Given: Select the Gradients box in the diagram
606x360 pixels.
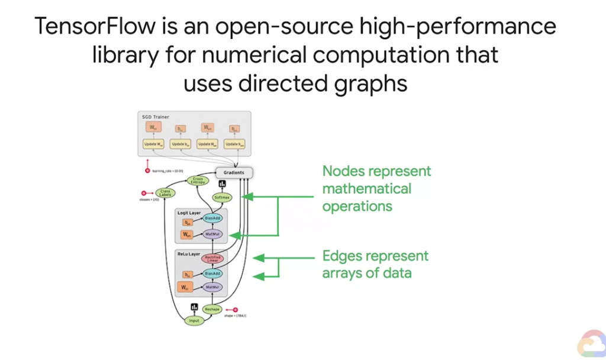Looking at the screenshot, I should pyautogui.click(x=234, y=173).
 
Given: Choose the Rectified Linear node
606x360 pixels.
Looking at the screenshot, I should pyautogui.click(x=211, y=259).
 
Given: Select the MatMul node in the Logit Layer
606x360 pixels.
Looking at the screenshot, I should pyautogui.click(x=211, y=234).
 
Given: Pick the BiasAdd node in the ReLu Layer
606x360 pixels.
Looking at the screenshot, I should pyautogui.click(x=211, y=274).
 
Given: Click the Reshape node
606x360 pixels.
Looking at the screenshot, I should pyautogui.click(x=211, y=310).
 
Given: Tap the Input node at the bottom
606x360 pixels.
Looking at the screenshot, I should pyautogui.click(x=193, y=320).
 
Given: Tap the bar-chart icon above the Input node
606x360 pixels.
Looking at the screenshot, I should pyautogui.click(x=193, y=307).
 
